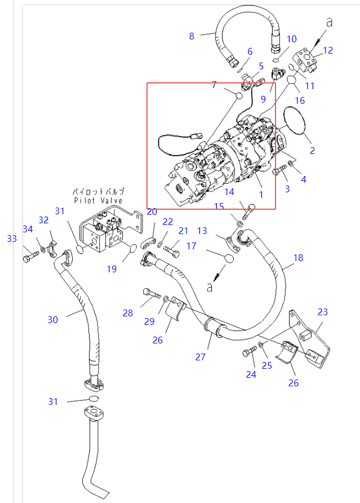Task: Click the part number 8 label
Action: (x=192, y=36)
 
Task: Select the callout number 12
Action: (x=327, y=50)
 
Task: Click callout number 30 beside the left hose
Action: (x=52, y=320)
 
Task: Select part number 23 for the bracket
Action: (x=322, y=312)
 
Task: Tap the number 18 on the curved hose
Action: (x=298, y=258)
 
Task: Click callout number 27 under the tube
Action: (x=201, y=357)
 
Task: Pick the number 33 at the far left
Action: (x=12, y=239)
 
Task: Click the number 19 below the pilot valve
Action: (x=112, y=269)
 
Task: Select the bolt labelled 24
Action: (x=248, y=353)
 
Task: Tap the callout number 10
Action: (x=291, y=39)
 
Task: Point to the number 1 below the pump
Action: (x=261, y=194)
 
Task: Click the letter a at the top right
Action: (x=330, y=23)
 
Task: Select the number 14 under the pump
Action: (x=229, y=191)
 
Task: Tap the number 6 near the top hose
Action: (x=250, y=52)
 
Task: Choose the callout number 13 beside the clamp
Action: (x=202, y=230)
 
